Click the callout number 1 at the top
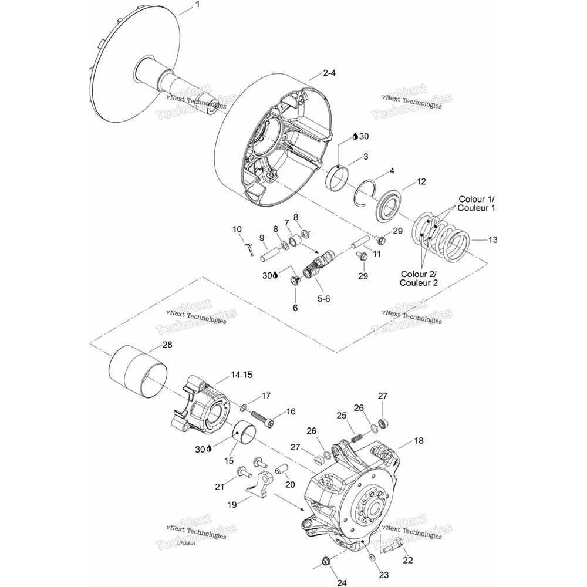pyautogui.click(x=197, y=4)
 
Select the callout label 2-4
pyautogui.click(x=329, y=74)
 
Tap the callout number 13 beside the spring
pyautogui.click(x=492, y=239)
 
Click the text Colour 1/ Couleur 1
pyautogui.click(x=476, y=204)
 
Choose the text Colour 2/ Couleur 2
pyautogui.click(x=419, y=278)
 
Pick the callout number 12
pyautogui.click(x=421, y=182)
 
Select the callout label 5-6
pyautogui.click(x=323, y=298)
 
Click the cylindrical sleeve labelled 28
pyautogui.click(x=139, y=373)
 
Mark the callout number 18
pyautogui.click(x=419, y=440)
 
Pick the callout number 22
pyautogui.click(x=407, y=560)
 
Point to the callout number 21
pyautogui.click(x=219, y=487)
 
